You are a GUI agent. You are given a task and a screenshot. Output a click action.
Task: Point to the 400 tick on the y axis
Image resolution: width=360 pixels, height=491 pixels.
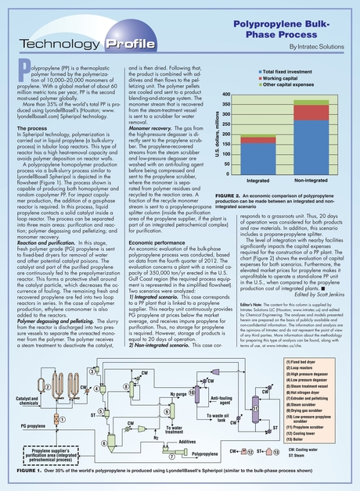click(225, 95)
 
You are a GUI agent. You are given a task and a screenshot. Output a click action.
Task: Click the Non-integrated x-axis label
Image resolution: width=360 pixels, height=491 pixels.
click(311, 181)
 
